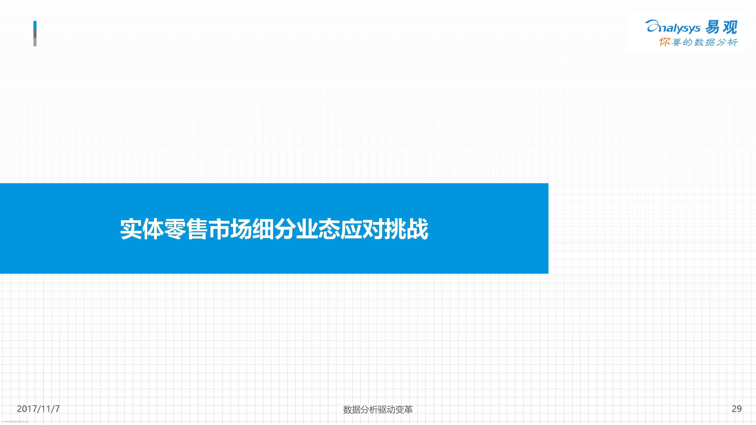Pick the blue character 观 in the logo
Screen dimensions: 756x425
pos(730,27)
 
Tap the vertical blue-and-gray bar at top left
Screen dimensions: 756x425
pos(35,33)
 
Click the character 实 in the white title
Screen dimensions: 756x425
pos(131,229)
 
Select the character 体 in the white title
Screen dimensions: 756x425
pos(153,229)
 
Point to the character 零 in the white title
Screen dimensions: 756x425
pos(175,229)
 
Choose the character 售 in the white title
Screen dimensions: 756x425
pos(197,229)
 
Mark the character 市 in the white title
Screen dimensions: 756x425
pos(219,229)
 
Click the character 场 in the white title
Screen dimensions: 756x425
pos(241,229)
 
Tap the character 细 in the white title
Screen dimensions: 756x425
pos(263,229)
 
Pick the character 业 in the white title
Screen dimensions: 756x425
pos(307,229)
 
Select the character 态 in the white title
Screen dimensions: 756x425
pos(329,229)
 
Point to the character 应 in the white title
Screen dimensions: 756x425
pos(351,229)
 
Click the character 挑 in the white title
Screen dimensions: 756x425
pos(395,229)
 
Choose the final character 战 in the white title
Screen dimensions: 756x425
pos(417,229)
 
